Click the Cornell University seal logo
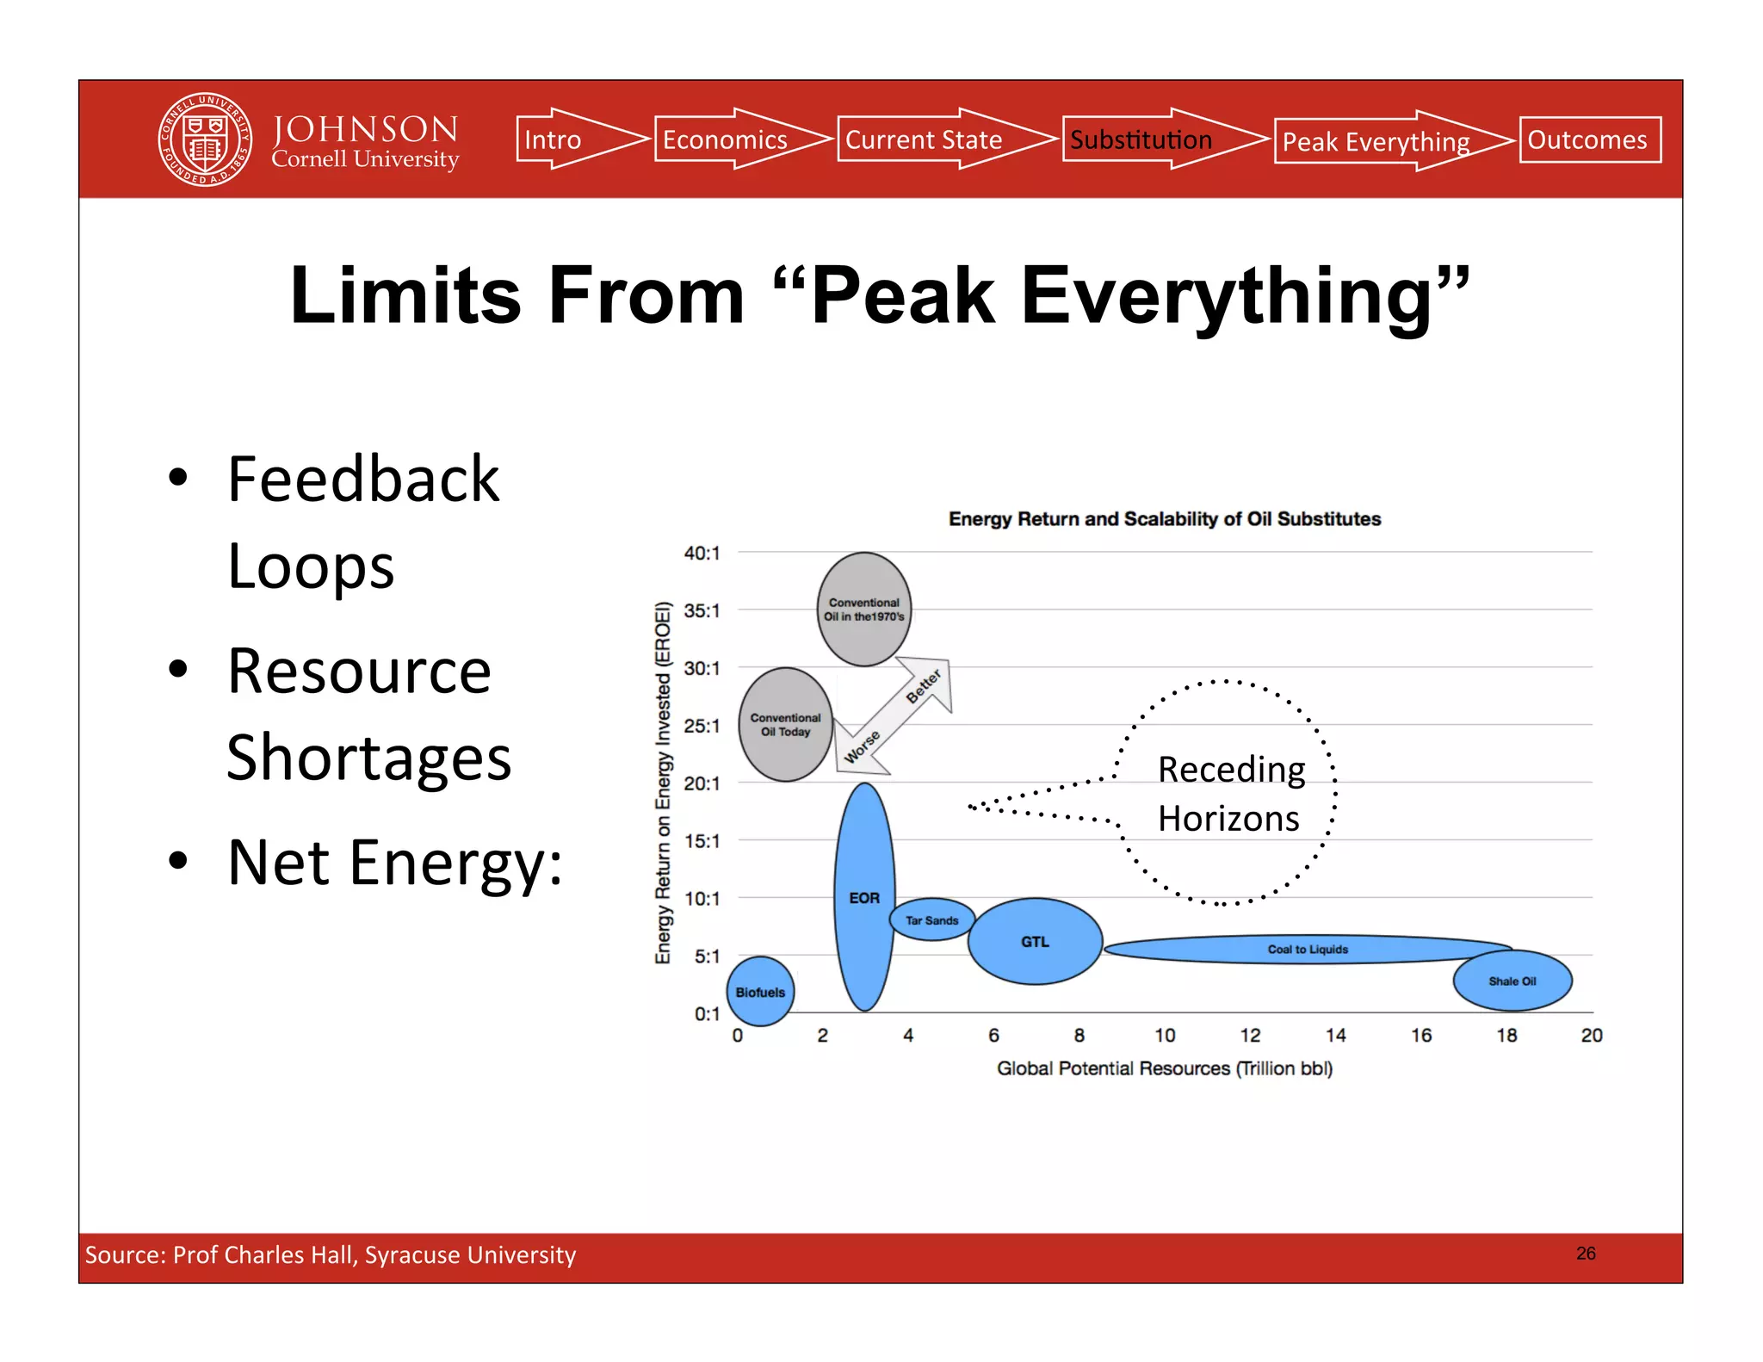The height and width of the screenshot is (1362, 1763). [205, 139]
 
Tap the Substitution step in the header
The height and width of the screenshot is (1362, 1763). [1141, 139]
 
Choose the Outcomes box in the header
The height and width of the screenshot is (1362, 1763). [1589, 139]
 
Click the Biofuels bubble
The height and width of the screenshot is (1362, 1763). [760, 992]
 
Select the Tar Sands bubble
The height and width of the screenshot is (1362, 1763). [931, 920]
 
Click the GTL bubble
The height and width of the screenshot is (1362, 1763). [1035, 942]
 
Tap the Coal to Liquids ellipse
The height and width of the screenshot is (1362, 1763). [1307, 949]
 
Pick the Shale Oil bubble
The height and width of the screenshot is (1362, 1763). [1512, 981]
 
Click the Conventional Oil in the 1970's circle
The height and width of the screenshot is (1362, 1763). [863, 610]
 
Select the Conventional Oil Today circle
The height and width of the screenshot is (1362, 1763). [785, 724]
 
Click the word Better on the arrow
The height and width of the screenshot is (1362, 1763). [924, 686]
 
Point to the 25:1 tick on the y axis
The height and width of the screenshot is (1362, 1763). [702, 726]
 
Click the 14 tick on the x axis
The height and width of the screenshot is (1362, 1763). [1335, 1035]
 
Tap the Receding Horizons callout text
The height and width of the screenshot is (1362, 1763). [1230, 793]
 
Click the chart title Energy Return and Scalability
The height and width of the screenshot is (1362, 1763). [1164, 519]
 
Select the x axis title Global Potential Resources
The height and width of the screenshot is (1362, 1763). [1164, 1068]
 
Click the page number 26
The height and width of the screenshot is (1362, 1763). [1586, 1254]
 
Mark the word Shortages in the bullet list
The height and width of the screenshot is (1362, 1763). [368, 758]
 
